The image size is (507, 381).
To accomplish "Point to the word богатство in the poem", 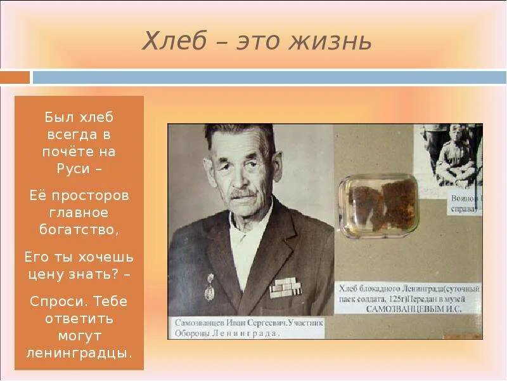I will coord(78,229).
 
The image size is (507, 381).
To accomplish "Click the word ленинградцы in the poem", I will coord(79,352).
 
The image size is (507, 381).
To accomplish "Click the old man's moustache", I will coord(244,192).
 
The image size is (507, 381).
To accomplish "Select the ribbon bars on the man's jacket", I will coord(283,287).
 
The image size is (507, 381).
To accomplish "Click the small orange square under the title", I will coord(15,77).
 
